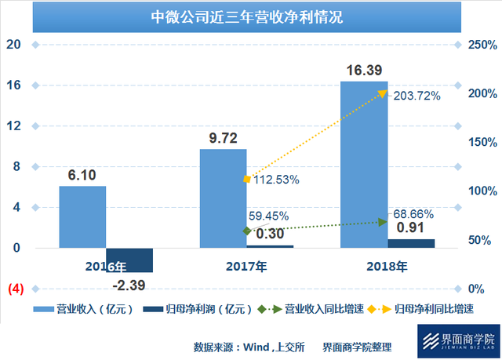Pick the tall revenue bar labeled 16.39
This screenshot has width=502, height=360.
point(363,165)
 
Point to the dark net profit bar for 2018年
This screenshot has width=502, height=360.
point(410,244)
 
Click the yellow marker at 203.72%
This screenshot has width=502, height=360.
point(383,93)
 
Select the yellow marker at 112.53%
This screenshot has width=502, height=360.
point(247,180)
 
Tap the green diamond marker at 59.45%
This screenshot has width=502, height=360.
point(247,231)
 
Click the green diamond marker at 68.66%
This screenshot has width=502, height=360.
point(383,222)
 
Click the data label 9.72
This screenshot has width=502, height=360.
point(223,137)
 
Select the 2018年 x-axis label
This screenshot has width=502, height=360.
point(387,267)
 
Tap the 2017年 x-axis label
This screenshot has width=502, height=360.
point(246,267)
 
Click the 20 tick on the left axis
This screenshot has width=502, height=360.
point(13,45)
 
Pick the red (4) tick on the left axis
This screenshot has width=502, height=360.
point(16,289)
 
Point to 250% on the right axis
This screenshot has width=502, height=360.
point(472,45)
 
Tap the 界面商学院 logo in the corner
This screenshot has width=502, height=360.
point(458,341)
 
